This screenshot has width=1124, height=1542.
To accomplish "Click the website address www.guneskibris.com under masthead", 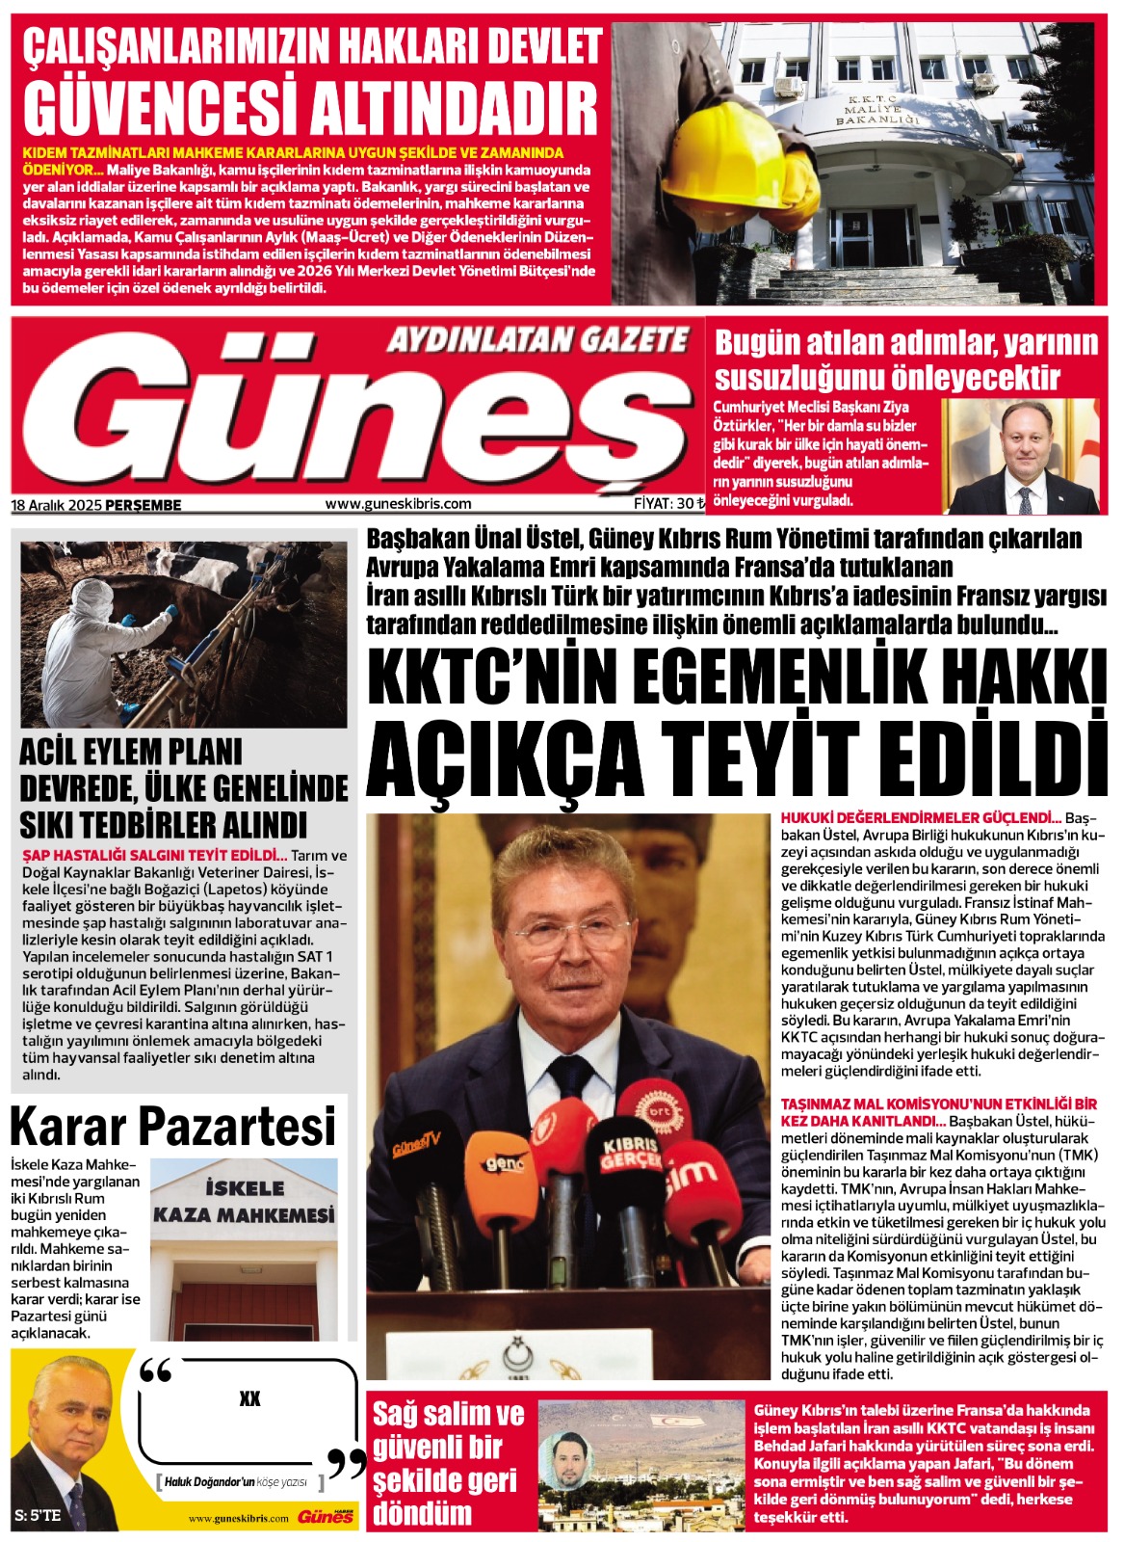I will (398, 503).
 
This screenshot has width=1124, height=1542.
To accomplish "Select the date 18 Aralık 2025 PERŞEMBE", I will (96, 504).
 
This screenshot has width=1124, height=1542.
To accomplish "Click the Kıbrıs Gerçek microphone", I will (627, 1156).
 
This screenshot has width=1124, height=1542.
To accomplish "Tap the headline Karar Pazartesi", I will (173, 1126).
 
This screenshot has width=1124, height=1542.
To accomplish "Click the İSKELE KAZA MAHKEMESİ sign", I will (244, 1201).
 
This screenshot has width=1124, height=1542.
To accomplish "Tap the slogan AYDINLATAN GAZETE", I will (537, 340).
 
